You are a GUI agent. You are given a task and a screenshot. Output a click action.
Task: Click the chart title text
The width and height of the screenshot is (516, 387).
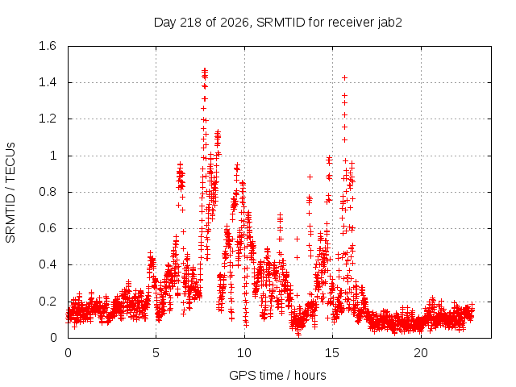click(278, 23)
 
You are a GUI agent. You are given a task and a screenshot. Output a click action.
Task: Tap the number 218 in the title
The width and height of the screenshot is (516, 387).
click(191, 23)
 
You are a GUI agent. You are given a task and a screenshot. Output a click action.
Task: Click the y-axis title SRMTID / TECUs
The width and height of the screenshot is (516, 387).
click(10, 193)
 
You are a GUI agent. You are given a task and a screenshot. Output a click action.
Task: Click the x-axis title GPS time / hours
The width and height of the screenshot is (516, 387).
click(277, 375)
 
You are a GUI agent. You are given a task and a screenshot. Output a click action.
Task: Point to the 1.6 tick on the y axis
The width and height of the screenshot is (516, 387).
click(48, 46)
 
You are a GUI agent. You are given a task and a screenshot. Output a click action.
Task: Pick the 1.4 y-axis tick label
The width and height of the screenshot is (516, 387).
click(48, 82)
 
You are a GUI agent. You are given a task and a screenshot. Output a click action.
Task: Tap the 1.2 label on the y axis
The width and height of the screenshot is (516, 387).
click(48, 119)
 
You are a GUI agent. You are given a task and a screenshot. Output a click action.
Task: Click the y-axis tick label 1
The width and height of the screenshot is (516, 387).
click(53, 156)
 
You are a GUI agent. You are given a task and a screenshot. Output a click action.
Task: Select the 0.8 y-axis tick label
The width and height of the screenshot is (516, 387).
click(48, 192)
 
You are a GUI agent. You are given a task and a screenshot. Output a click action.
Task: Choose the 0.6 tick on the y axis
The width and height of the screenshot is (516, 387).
click(48, 228)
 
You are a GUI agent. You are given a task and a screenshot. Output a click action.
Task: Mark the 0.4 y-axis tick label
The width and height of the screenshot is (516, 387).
click(48, 264)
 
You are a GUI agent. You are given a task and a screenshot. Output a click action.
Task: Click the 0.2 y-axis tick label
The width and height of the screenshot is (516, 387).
click(48, 301)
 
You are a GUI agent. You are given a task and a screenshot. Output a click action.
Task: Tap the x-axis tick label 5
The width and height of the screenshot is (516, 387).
click(156, 353)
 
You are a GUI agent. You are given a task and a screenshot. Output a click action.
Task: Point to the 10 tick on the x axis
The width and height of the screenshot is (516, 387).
click(244, 353)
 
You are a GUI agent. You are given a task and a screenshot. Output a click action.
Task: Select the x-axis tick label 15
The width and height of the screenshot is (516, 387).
click(332, 353)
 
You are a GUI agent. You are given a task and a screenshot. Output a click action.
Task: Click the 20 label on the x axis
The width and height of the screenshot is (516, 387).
click(421, 353)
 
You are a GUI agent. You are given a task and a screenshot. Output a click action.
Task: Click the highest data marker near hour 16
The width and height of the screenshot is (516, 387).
click(344, 78)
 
